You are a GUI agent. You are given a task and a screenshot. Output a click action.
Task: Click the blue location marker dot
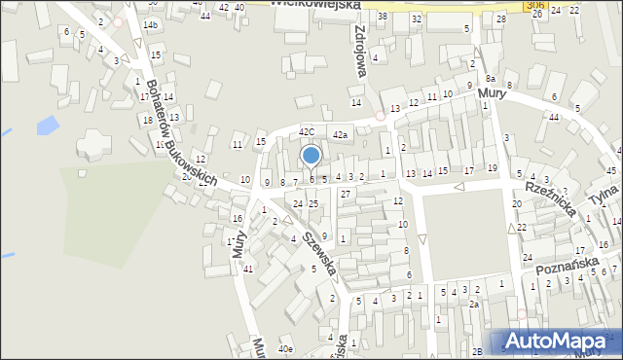point(311,156)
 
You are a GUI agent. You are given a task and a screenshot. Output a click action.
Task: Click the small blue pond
point(47,126)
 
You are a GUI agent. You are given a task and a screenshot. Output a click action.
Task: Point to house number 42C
point(307,131)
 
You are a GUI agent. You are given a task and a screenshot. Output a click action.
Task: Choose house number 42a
point(340,135)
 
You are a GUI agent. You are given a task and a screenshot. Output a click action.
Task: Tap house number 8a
point(491,78)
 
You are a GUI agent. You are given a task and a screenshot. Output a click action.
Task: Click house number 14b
point(150,24)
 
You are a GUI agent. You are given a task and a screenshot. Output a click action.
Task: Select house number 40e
point(285,348)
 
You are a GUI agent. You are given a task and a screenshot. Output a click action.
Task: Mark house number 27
point(346,195)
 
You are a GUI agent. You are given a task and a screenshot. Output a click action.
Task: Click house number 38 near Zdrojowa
point(383,17)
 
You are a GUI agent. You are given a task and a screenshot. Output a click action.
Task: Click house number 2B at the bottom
point(478,350)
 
